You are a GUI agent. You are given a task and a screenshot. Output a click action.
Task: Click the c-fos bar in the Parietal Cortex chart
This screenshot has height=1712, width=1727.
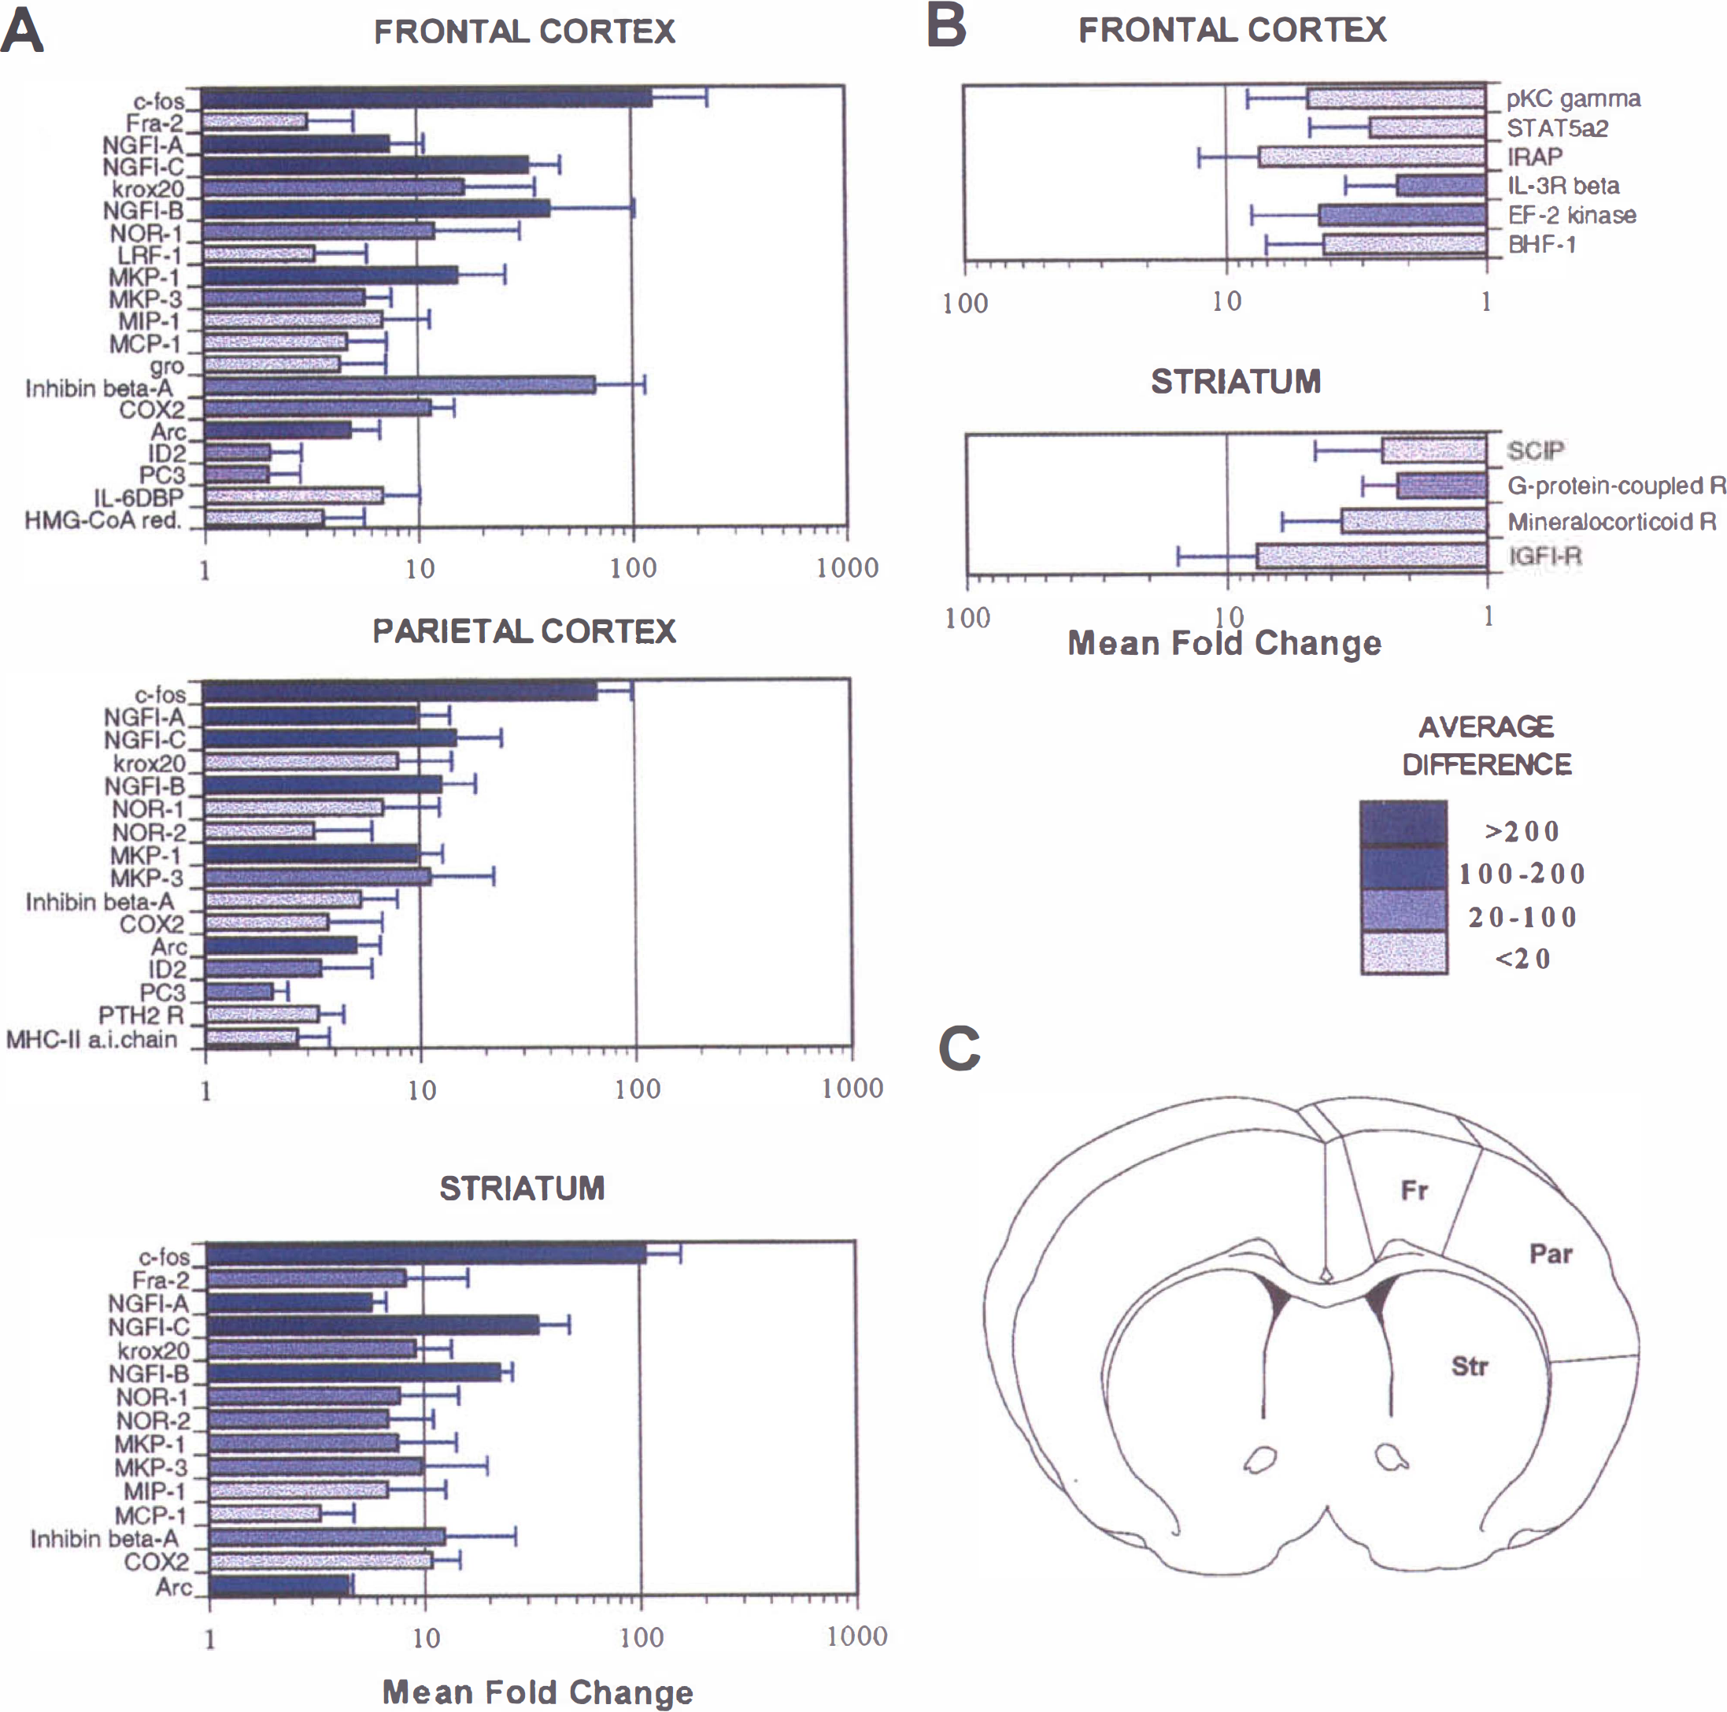[401, 690]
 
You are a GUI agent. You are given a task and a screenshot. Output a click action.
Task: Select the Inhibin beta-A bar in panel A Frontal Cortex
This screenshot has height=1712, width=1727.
[400, 386]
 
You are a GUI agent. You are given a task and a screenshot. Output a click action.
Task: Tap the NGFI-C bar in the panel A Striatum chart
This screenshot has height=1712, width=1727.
[374, 1325]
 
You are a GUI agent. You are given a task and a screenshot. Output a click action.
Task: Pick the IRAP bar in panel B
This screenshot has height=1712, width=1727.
[1372, 157]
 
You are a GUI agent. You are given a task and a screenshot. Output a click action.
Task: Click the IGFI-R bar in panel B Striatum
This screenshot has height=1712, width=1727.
[1372, 555]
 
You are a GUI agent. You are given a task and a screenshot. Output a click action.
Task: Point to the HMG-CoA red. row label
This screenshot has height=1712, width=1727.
[103, 520]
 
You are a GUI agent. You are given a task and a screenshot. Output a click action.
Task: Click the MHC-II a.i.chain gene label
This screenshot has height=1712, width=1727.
[92, 1039]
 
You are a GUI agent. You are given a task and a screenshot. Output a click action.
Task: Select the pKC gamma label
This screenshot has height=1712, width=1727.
[1574, 98]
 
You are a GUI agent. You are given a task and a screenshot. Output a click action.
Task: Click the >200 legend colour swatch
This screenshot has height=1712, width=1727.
[1403, 823]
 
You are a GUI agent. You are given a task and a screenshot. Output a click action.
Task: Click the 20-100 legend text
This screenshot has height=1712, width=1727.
[1522, 916]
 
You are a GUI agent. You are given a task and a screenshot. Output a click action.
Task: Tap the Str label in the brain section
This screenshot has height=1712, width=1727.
[1470, 1366]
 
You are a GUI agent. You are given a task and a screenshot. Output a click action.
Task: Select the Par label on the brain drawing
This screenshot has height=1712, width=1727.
[1551, 1253]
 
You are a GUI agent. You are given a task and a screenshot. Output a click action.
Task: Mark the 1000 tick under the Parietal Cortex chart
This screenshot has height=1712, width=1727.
[852, 1088]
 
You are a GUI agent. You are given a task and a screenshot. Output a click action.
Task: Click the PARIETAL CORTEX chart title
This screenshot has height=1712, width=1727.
[523, 631]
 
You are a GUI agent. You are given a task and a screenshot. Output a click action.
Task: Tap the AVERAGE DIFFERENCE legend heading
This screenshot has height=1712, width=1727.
[1487, 745]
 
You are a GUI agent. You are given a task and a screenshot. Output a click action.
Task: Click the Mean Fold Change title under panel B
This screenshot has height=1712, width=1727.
[1224, 643]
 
